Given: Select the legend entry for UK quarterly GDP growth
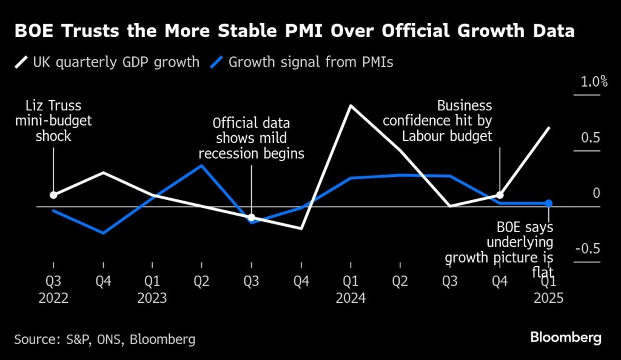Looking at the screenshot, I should pyautogui.click(x=107, y=62).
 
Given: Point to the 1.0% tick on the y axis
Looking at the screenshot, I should pyautogui.click(x=594, y=82).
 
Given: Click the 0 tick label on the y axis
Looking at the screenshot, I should pyautogui.click(x=596, y=193).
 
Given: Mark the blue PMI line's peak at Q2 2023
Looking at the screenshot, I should pyautogui.click(x=202, y=165).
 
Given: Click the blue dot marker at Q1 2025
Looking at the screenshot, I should pyautogui.click(x=549, y=204).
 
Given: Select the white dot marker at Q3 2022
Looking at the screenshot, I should pyautogui.click(x=53, y=195).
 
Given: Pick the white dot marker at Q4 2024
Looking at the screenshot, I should pyautogui.click(x=500, y=195).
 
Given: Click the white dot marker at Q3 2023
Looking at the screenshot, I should pyautogui.click(x=252, y=217).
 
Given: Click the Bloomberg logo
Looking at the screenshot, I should pyautogui.click(x=565, y=337).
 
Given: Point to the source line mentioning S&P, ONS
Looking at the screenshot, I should pyautogui.click(x=105, y=339).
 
